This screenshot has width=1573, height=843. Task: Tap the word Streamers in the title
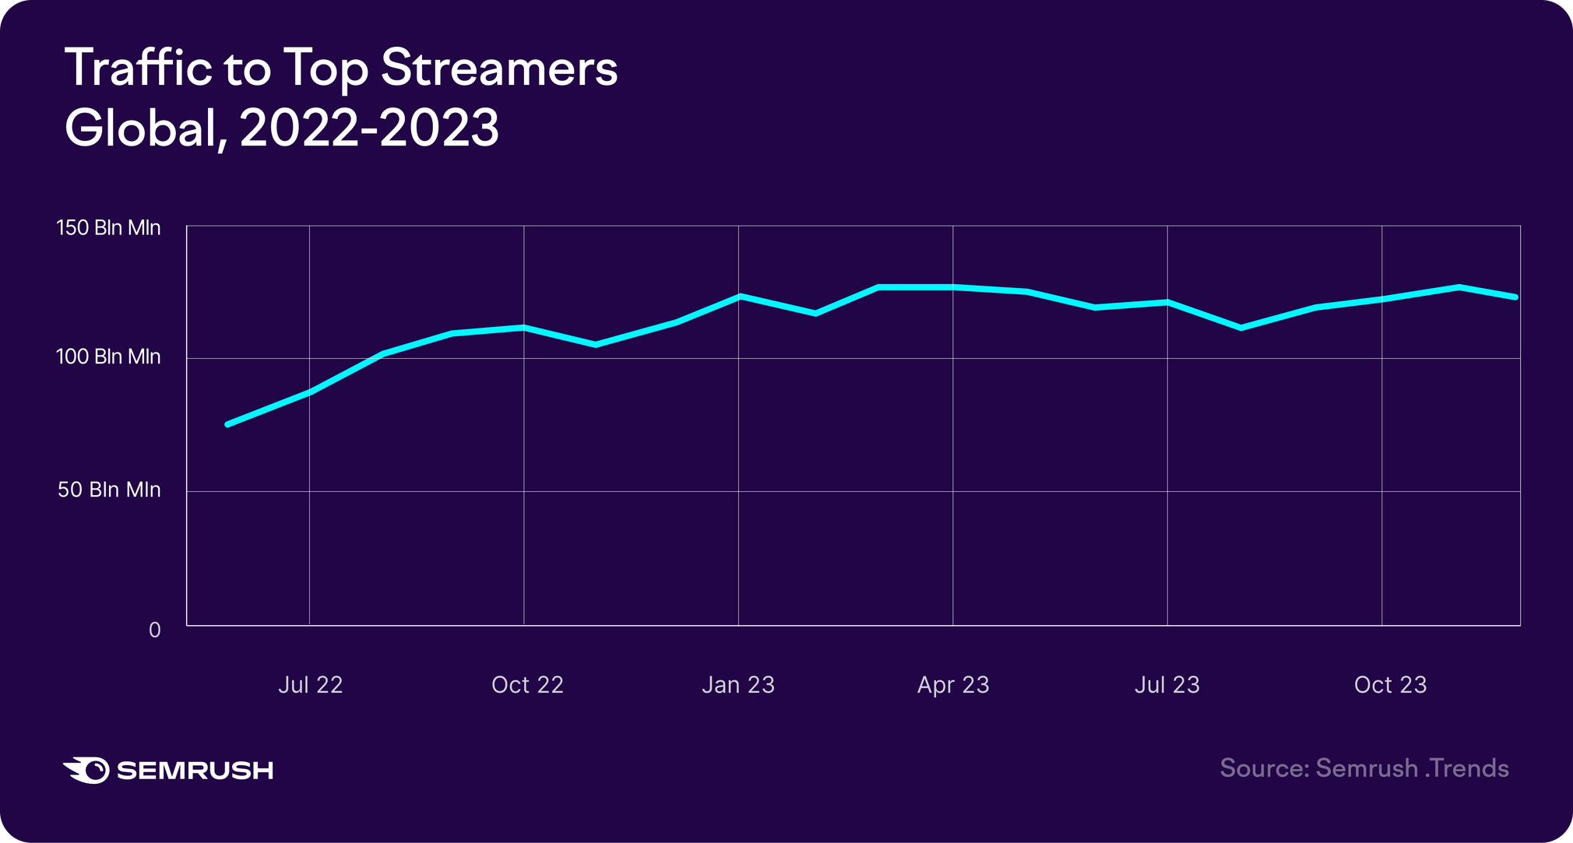(499, 68)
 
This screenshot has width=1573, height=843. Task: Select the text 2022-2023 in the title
(369, 128)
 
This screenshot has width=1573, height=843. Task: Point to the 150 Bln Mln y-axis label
(108, 228)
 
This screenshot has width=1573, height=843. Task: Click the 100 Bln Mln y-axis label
(108, 357)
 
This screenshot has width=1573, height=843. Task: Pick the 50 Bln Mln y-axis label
(109, 490)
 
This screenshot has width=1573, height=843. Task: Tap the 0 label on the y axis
(154, 630)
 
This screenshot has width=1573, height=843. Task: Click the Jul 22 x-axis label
(310, 685)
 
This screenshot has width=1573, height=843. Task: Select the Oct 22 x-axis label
(527, 685)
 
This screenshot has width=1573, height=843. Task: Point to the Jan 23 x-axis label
(737, 685)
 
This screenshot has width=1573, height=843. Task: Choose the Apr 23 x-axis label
(952, 685)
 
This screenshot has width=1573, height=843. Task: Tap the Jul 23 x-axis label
(1167, 685)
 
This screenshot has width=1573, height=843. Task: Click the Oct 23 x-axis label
(1390, 685)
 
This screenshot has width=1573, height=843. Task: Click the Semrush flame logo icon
(86, 770)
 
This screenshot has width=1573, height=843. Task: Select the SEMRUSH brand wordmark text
(195, 771)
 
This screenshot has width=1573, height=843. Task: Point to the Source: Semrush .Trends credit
(1364, 768)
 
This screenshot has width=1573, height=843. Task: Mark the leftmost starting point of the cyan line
(227, 424)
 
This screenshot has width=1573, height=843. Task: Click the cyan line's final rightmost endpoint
(1515, 297)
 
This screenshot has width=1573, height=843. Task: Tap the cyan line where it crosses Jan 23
(739, 296)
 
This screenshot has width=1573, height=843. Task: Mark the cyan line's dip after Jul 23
(1240, 328)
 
